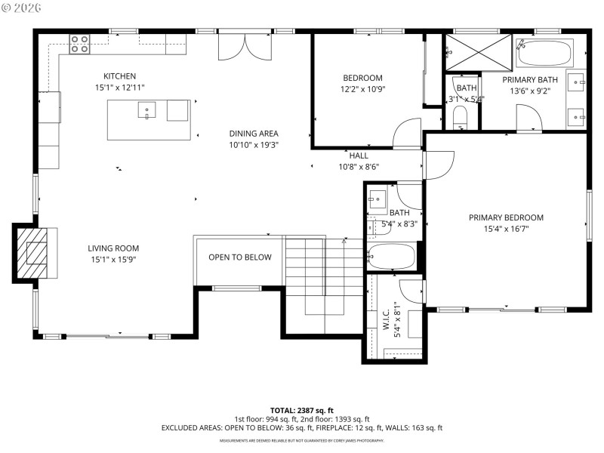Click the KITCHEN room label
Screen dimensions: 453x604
point(119,76)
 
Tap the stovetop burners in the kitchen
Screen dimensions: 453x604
point(79,45)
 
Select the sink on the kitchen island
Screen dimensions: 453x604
point(146,112)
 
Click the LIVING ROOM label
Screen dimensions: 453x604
point(113,248)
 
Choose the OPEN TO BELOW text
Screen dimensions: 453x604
point(239,257)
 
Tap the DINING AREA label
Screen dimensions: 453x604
point(254,134)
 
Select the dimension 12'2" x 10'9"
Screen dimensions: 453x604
point(362,89)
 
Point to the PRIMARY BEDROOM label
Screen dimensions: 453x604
point(505,217)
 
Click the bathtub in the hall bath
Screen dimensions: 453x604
point(391,257)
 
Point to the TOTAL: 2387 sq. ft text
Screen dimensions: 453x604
point(301,410)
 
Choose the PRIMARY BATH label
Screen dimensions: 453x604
point(530,80)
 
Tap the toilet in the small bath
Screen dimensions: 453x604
point(461,116)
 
